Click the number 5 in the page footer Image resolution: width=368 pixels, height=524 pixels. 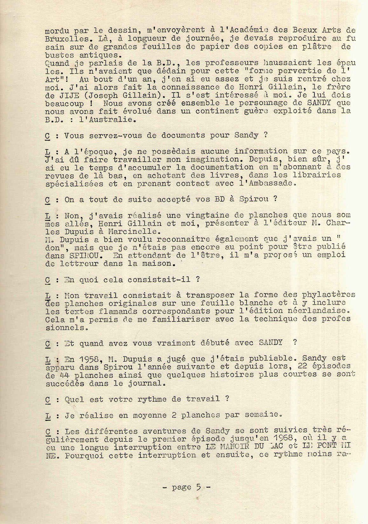[198, 487]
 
